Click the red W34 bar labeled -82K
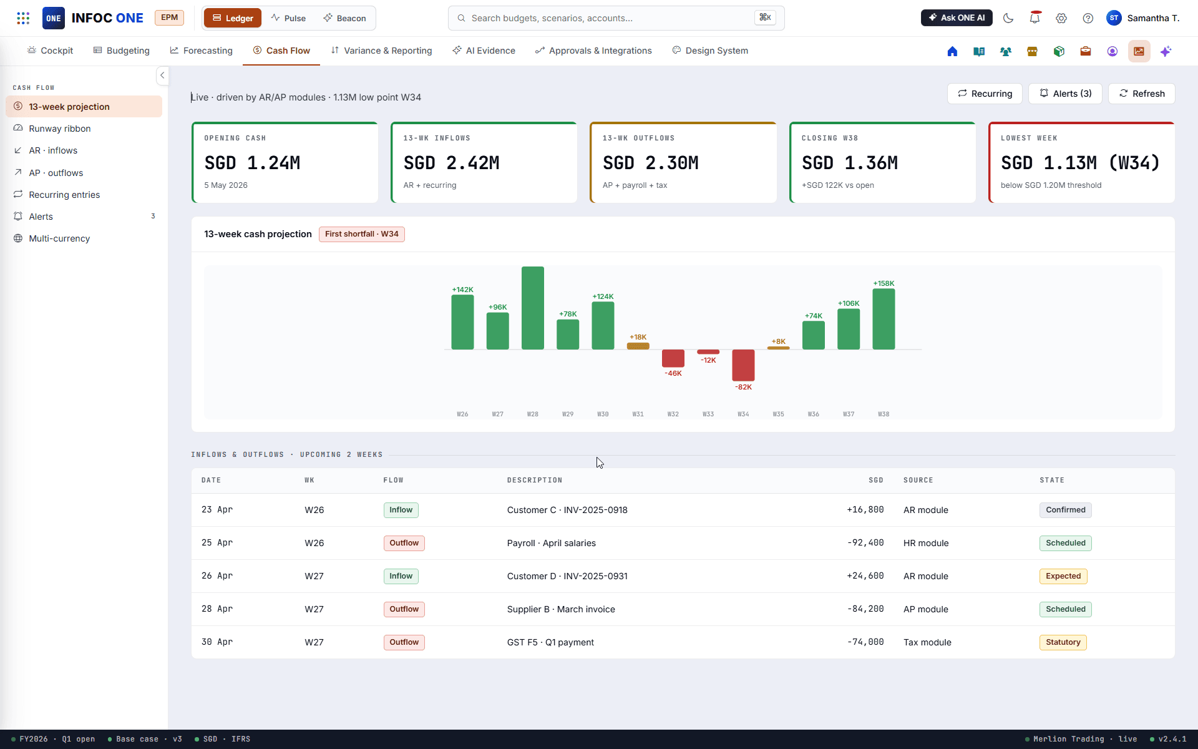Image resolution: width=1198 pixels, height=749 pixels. (x=743, y=365)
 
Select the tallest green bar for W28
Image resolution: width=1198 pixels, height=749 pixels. (x=533, y=308)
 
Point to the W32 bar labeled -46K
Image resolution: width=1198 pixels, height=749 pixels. (x=673, y=358)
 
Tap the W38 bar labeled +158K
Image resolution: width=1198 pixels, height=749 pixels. (x=884, y=320)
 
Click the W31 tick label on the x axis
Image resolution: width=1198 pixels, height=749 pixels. (x=638, y=414)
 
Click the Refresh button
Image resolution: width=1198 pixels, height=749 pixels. (x=1142, y=94)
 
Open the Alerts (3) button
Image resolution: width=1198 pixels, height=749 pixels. (x=1065, y=94)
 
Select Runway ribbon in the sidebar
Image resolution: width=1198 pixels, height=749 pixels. (x=60, y=129)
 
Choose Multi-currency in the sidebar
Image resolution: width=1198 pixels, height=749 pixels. (x=59, y=238)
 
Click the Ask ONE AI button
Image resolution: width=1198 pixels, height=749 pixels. (x=957, y=18)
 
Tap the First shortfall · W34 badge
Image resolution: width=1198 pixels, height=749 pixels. (x=362, y=234)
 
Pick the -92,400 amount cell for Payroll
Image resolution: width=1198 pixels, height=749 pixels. (x=865, y=543)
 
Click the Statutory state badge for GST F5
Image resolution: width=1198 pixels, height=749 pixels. (x=1063, y=642)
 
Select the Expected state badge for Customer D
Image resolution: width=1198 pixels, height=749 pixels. (x=1063, y=576)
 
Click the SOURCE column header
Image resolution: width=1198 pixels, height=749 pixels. (x=918, y=481)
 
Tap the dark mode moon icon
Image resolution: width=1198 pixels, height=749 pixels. (x=1008, y=18)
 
